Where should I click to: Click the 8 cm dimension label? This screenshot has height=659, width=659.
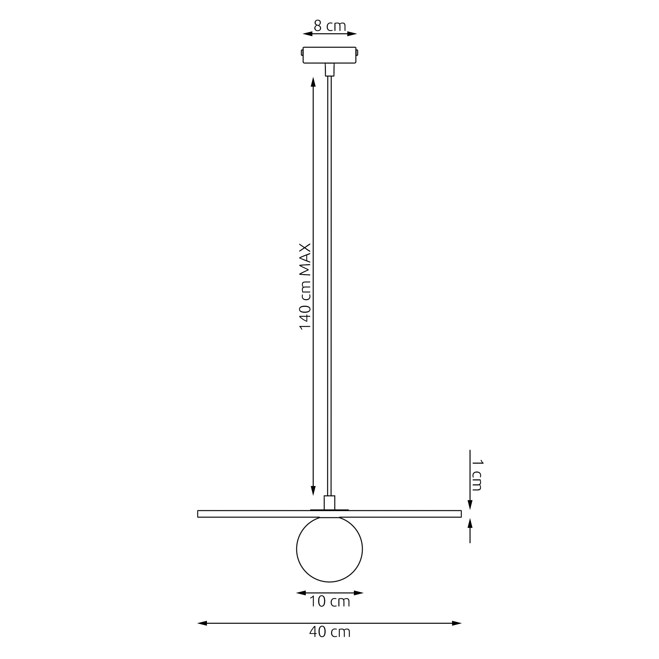point(329,26)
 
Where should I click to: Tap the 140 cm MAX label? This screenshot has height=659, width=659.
point(305,287)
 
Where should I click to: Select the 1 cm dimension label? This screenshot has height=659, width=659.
point(477,475)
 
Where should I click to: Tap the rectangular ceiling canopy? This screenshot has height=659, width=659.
point(329,55)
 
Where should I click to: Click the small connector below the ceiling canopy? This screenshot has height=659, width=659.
point(329,70)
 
